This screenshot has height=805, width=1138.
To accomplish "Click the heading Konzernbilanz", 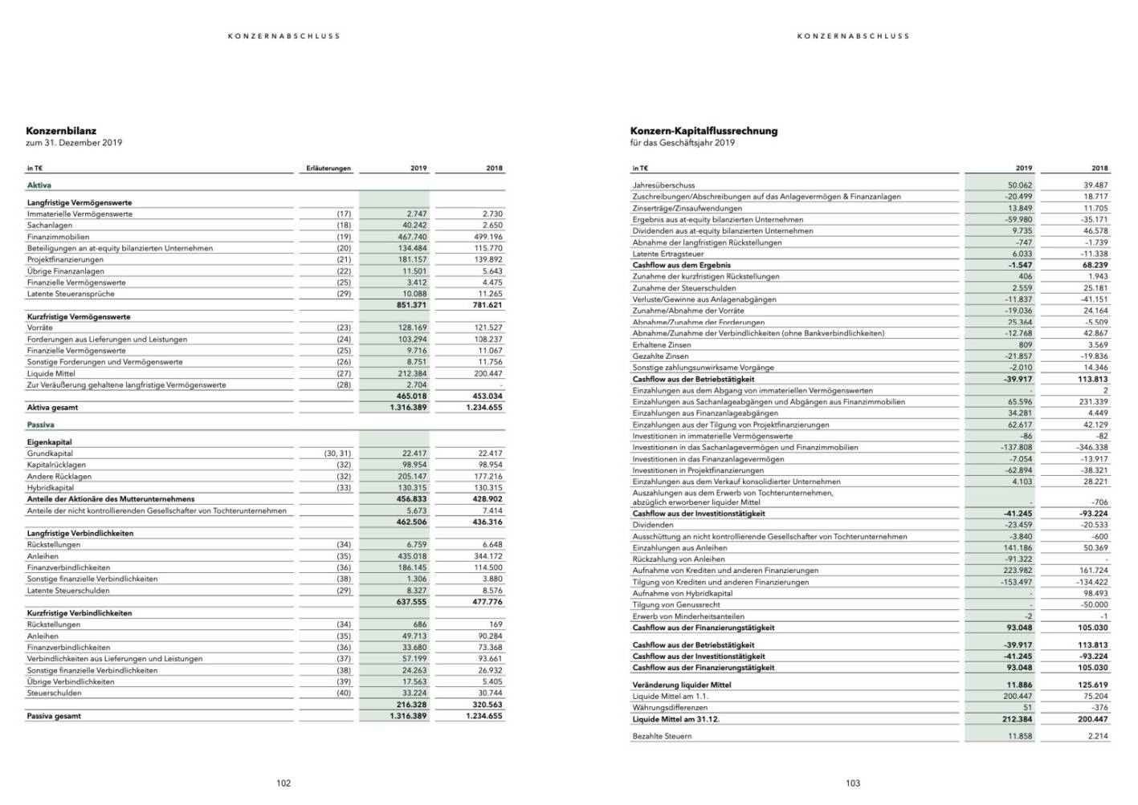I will pos(61,131).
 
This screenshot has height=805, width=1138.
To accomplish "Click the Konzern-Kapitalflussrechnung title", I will pos(704,131).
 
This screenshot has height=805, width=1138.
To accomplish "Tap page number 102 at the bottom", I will pos(283,783).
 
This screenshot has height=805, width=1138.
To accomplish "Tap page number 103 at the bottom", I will pos(853,783).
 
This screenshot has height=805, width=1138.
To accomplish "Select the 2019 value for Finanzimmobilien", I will pos(414,237).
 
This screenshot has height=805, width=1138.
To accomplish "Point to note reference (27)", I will pos(344,373).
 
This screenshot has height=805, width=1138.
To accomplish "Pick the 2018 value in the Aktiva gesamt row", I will pos(483,408).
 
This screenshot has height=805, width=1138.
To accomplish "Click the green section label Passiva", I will pos(40,425).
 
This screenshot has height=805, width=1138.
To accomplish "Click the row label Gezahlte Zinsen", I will pos(660,356).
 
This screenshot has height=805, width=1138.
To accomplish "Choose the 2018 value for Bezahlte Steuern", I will pos(1098,736).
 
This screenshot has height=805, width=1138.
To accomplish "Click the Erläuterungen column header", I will pos(328,169).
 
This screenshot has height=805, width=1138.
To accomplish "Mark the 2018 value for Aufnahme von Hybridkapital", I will pos(1095,593).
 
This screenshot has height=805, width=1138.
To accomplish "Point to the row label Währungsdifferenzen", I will pos(670,708).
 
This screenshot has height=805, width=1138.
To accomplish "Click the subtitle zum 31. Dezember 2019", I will pos(74,143).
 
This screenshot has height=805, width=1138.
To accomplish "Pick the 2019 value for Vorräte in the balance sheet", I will pos(414,328).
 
